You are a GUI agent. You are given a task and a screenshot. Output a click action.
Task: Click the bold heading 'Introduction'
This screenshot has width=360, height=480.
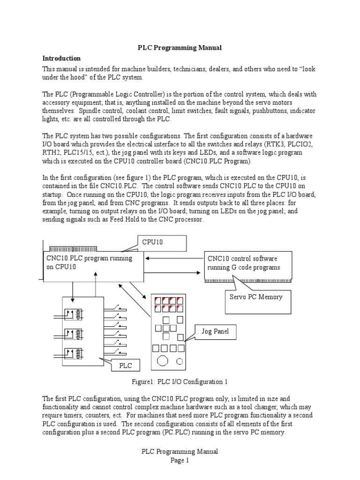pyautogui.click(x=61, y=59)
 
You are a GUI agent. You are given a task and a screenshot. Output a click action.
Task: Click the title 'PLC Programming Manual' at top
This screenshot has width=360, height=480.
pyautogui.click(x=180, y=48)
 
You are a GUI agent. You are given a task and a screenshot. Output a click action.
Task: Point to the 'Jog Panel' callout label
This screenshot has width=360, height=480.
pyautogui.click(x=216, y=331)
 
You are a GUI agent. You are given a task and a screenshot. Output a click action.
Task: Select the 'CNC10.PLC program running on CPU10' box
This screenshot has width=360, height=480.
pyautogui.click(x=93, y=263)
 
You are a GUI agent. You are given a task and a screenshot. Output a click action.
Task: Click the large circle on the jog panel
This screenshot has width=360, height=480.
pyautogui.click(x=163, y=360)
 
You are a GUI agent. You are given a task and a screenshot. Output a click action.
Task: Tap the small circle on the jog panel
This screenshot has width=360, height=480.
pyautogui.click(x=180, y=361)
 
